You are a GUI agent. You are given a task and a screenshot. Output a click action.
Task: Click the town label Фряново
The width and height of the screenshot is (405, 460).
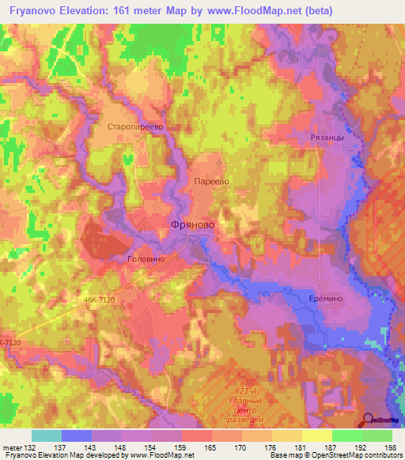click(x=192, y=225)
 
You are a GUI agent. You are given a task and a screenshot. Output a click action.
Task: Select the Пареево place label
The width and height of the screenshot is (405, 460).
click(x=212, y=181)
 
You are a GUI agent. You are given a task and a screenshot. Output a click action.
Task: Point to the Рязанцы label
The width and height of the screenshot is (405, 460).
click(x=325, y=138)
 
